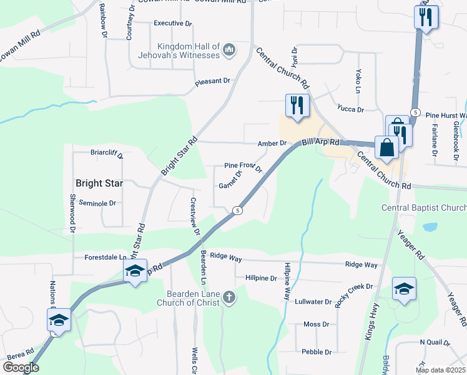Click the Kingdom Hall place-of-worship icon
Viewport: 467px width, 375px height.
(x=229, y=49)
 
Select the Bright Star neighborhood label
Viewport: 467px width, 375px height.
(x=99, y=184)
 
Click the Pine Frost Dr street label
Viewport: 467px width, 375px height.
(x=243, y=167)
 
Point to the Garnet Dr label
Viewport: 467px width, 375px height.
(x=230, y=186)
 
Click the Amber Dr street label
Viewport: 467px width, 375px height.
(x=272, y=143)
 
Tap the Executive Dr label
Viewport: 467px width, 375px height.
(x=172, y=23)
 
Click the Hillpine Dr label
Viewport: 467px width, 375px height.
(x=261, y=278)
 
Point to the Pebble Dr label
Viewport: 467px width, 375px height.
(x=316, y=352)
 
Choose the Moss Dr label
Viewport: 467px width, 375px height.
(x=316, y=324)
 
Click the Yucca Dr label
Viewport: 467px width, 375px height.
(x=350, y=109)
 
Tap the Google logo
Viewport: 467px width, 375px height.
(x=21, y=367)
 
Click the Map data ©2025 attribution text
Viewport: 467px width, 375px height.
(x=440, y=370)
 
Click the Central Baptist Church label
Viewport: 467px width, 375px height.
(x=425, y=207)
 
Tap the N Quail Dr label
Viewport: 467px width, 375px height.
(x=435, y=342)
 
